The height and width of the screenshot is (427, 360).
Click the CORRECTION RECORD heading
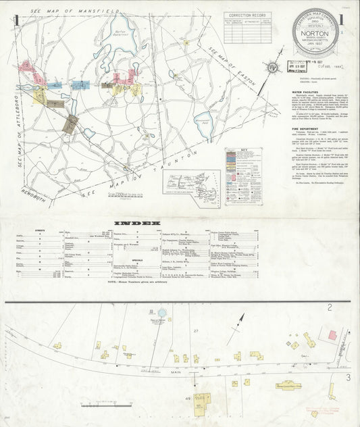(249, 15)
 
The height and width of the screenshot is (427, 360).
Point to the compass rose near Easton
(271, 68)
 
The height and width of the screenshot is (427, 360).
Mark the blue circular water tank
(162, 313)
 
